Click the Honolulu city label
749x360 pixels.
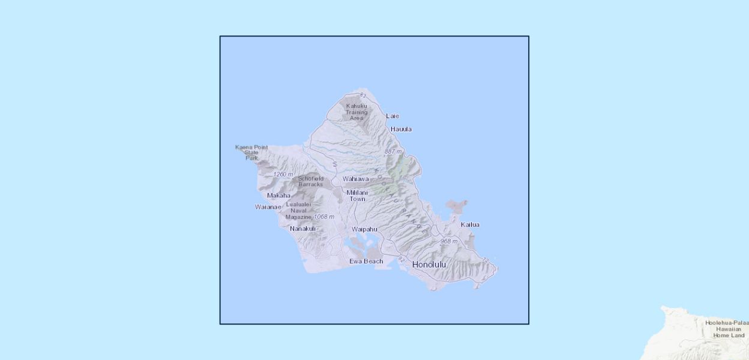coord(429,265)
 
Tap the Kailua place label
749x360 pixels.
coord(470,225)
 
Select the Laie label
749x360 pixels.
coord(393,116)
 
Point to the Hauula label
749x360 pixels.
coord(401,129)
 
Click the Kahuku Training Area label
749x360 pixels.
coord(356,112)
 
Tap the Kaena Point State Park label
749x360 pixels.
coord(251,152)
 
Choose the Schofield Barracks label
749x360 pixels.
coord(311,181)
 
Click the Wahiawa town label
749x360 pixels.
coord(356,179)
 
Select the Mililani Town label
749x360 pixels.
coord(357,196)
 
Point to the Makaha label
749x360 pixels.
coord(278,196)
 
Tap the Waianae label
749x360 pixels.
coord(268,207)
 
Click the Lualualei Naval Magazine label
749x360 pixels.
coord(299,211)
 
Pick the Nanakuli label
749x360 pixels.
coord(302,229)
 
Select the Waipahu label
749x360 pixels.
coord(364,229)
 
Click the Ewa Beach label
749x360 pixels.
coord(366,261)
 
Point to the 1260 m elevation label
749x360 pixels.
coord(283,175)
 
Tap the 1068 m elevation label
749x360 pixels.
coord(324,217)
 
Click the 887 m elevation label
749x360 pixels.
coord(394,152)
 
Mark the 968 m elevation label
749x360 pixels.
coord(449,241)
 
